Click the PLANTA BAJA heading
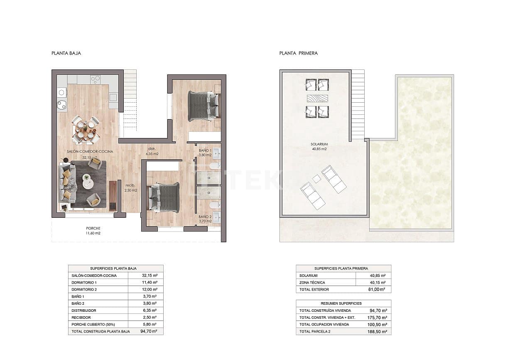[x=66, y=53]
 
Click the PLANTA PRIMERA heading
[x=298, y=53]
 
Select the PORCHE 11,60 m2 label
[x=93, y=231]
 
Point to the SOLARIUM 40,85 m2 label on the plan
[x=319, y=146]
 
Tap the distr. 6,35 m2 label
[x=152, y=151]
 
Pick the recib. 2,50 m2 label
[x=130, y=188]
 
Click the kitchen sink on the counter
[x=62, y=104]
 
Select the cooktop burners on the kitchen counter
[x=95, y=79]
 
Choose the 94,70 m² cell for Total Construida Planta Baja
[x=148, y=331]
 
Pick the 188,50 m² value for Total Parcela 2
[x=378, y=332]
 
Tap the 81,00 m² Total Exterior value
[x=377, y=289]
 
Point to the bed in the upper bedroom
[x=203, y=106]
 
